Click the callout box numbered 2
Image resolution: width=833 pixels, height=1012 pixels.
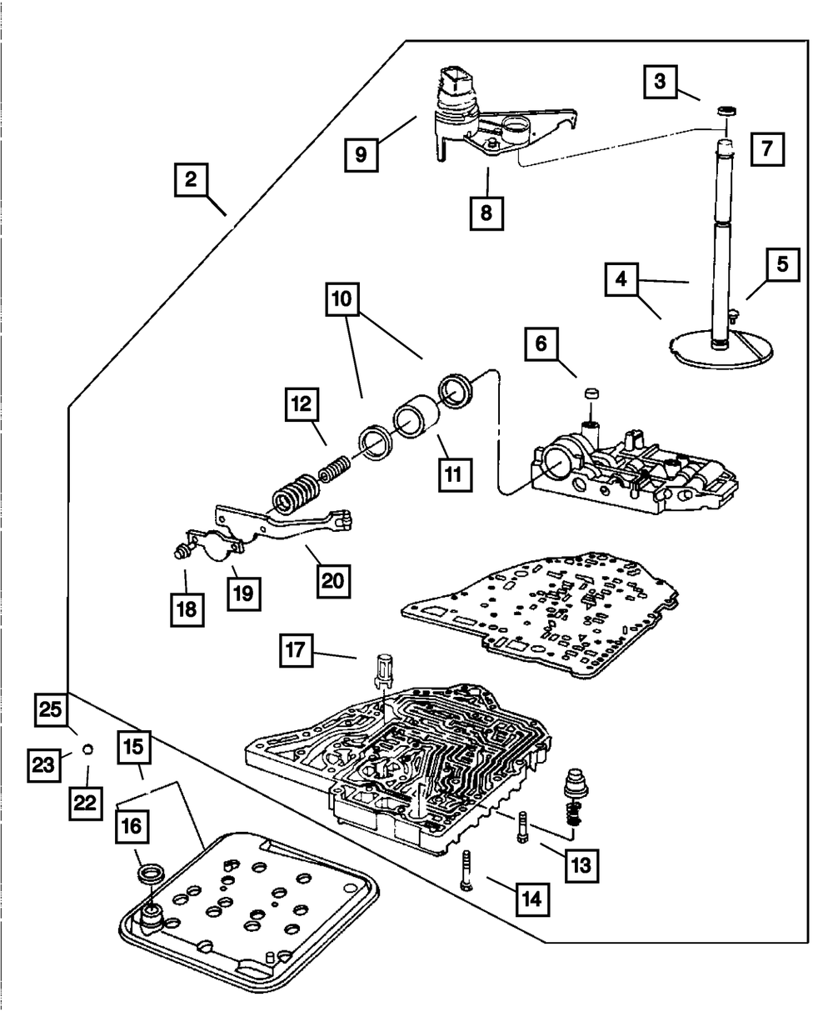[x=191, y=181]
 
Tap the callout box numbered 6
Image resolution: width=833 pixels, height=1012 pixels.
[x=541, y=343]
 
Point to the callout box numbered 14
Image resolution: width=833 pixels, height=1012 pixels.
[x=532, y=898]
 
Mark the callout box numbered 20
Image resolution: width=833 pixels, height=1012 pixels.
[x=333, y=577]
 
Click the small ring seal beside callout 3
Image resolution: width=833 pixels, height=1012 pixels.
[x=727, y=110]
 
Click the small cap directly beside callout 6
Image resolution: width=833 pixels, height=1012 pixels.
[x=592, y=392]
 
